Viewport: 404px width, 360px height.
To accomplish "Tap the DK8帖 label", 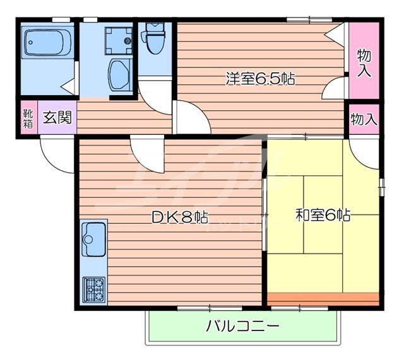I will tap(180, 218).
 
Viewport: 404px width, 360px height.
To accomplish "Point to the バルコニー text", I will tap(242, 327).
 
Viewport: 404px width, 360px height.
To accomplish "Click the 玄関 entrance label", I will tap(57, 117).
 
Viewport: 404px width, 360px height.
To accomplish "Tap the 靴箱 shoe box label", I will tap(28, 118).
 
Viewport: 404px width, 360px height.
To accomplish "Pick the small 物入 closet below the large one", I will tap(364, 119).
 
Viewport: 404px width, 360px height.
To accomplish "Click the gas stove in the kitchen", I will tap(94, 289).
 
